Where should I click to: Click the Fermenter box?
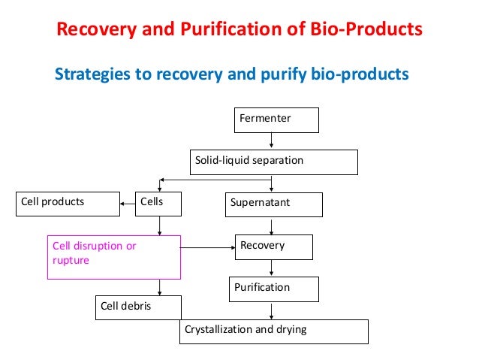point(276,119)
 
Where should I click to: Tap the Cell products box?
point(68,203)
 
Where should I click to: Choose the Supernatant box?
point(274,204)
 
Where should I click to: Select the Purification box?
point(274,289)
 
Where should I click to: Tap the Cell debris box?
point(138,307)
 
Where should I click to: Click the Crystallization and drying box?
point(273,331)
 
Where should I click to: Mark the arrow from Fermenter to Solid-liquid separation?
point(271,141)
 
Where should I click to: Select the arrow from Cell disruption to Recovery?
point(208,247)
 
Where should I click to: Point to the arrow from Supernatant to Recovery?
point(271,225)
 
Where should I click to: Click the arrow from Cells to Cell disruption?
point(159,225)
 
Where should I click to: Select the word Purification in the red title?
point(220,31)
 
